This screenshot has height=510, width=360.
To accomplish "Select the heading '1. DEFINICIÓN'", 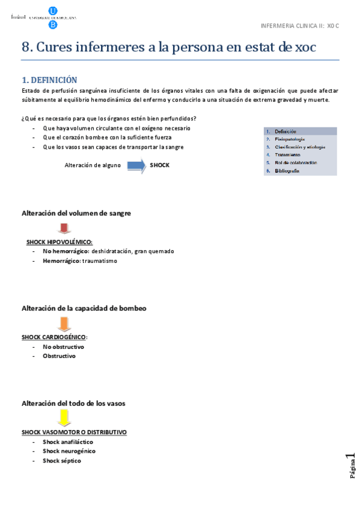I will (x=49, y=79).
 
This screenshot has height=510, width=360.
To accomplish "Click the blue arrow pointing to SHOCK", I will (x=136, y=165).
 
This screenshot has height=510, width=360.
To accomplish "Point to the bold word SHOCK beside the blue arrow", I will (x=159, y=165).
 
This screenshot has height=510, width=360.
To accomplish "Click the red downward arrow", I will (x=65, y=229).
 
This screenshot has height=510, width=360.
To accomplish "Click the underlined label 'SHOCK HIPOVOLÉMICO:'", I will (x=59, y=242).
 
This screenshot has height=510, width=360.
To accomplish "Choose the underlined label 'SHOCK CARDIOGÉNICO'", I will (x=53, y=337).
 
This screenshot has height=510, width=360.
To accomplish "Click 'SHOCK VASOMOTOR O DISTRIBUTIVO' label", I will (x=74, y=432).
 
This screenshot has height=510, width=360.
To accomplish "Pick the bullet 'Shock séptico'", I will (x=62, y=461).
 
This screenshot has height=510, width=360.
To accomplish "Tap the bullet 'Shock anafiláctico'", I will (x=68, y=441).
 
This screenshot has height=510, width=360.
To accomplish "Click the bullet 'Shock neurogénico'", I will (x=69, y=451).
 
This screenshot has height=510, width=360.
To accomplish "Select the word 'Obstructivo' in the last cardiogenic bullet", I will (x=59, y=356).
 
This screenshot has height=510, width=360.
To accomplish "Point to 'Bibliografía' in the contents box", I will (x=287, y=171).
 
